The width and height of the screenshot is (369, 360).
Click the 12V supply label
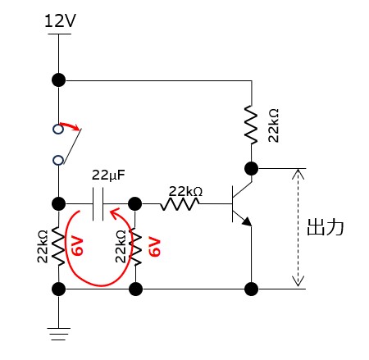pyautogui.click(x=60, y=21)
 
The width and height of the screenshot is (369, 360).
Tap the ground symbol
pyautogui.click(x=58, y=334)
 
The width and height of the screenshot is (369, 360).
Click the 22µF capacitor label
pyautogui.click(x=108, y=175)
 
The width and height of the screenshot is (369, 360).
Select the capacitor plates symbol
pyautogui.click(x=98, y=204)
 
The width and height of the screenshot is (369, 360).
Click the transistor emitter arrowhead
pyautogui.click(x=247, y=221)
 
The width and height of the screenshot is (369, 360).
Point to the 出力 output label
pyautogui.click(x=326, y=227)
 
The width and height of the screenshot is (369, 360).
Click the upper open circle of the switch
pyautogui.click(x=58, y=129)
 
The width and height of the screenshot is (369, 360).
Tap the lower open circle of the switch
pyautogui.click(x=58, y=160)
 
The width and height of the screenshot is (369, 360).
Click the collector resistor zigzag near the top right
pyautogui.click(x=251, y=125)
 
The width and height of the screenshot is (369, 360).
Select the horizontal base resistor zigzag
pyautogui.click(x=180, y=204)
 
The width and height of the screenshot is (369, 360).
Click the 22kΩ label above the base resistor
pyautogui.click(x=185, y=191)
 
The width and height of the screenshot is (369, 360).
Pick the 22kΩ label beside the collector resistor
pyautogui.click(x=273, y=125)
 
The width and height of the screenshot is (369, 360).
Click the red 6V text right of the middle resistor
pyautogui.click(x=154, y=247)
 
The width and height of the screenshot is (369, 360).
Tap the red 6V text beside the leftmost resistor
pyautogui.click(x=78, y=246)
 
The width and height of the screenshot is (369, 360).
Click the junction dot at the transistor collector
pyautogui.click(x=251, y=168)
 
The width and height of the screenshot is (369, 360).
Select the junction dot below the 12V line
pyautogui.click(x=58, y=80)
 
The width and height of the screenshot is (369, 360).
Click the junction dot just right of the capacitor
pyautogui.click(x=135, y=204)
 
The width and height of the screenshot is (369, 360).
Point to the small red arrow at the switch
pyautogui.click(x=71, y=126)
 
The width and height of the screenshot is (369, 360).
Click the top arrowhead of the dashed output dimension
pyautogui.click(x=298, y=174)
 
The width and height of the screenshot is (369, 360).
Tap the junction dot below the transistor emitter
pyautogui.click(x=251, y=289)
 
